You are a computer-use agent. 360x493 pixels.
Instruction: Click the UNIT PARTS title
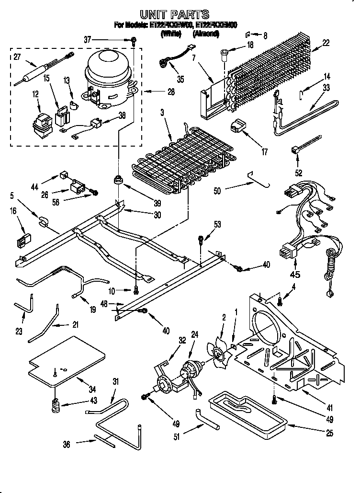(x=180, y=14)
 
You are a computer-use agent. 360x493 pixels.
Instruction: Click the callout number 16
(x=13, y=210)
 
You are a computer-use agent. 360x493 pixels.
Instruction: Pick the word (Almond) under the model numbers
(x=206, y=34)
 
